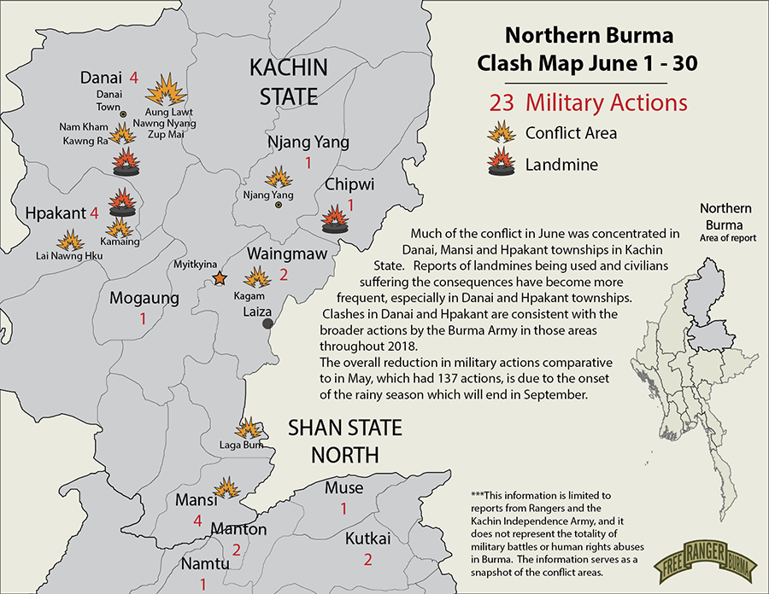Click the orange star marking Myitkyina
(x=220, y=277)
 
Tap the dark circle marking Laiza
(x=268, y=323)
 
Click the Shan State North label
(x=344, y=441)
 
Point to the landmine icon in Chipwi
(x=334, y=220)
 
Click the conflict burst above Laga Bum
(x=249, y=428)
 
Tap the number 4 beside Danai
(x=133, y=76)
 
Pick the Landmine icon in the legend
(x=501, y=162)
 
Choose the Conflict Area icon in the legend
(x=501, y=132)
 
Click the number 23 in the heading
(x=503, y=103)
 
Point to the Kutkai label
(x=368, y=539)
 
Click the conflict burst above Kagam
(x=255, y=277)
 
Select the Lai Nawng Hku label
(x=68, y=255)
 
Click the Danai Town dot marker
(x=123, y=114)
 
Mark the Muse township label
(x=343, y=488)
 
